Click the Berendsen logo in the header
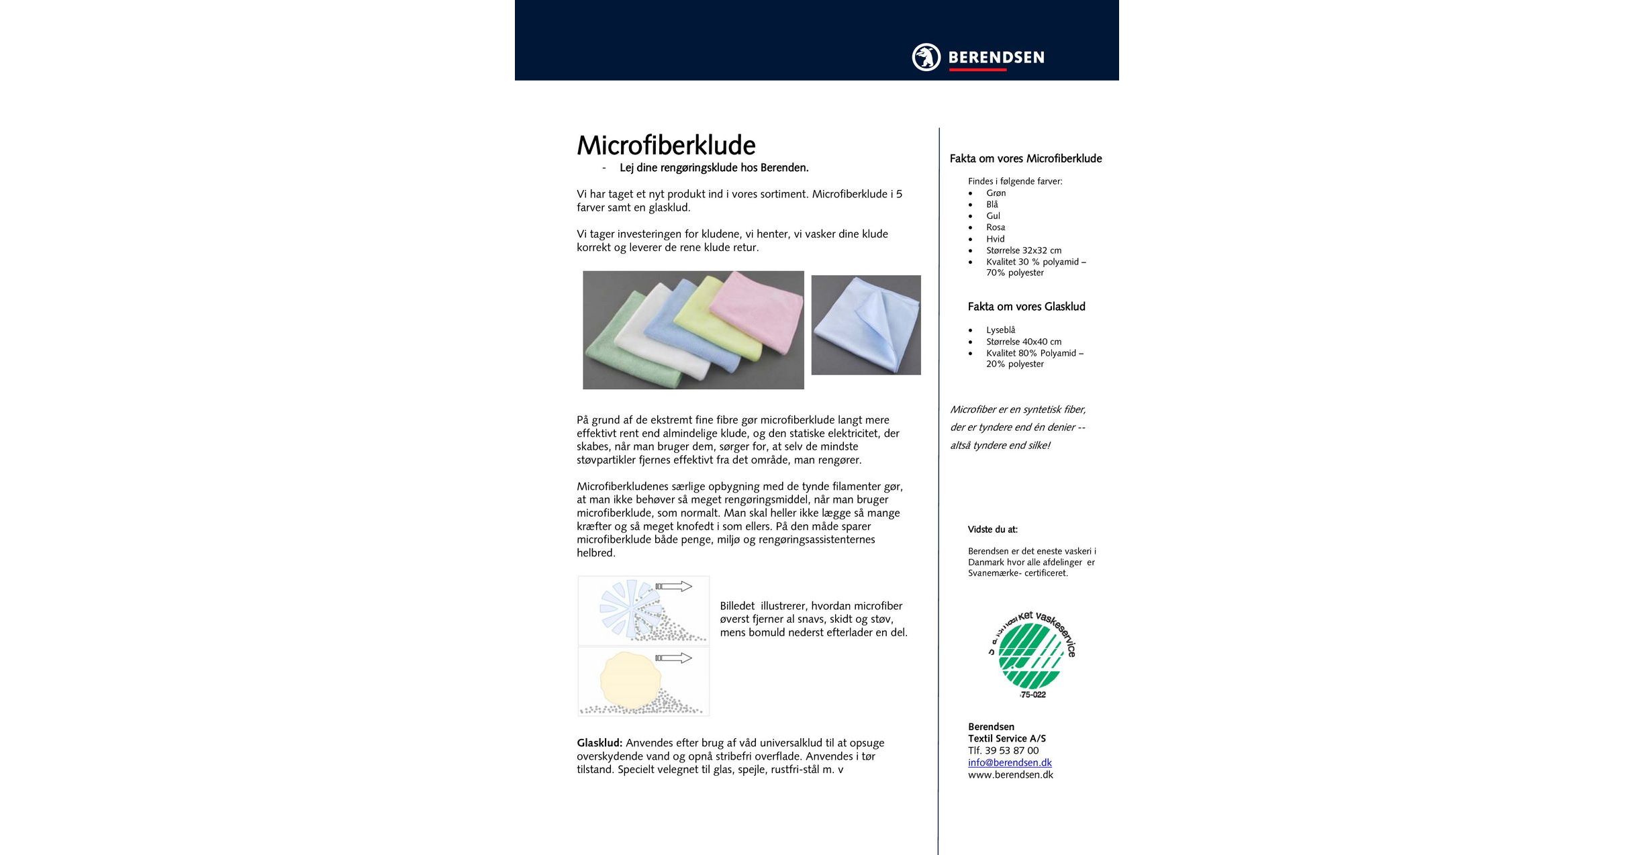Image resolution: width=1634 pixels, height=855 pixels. (977, 57)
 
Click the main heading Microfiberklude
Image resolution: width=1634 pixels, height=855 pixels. (666, 146)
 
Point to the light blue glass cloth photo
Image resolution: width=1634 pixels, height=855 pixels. (865, 325)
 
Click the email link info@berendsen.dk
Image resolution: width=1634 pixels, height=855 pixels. (1010, 762)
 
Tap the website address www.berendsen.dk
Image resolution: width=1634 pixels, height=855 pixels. (1010, 774)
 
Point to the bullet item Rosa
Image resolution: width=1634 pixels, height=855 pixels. (996, 228)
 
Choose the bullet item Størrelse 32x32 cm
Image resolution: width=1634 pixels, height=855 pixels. (1024, 250)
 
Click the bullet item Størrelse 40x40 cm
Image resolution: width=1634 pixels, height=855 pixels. (1024, 342)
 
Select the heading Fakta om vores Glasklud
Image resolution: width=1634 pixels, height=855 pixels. (1026, 307)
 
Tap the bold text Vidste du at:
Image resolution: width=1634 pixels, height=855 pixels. (992, 530)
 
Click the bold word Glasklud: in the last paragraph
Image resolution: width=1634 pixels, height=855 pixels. (599, 743)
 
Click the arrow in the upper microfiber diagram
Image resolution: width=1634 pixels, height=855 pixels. (674, 587)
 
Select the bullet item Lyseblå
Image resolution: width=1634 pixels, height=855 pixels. (1000, 330)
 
